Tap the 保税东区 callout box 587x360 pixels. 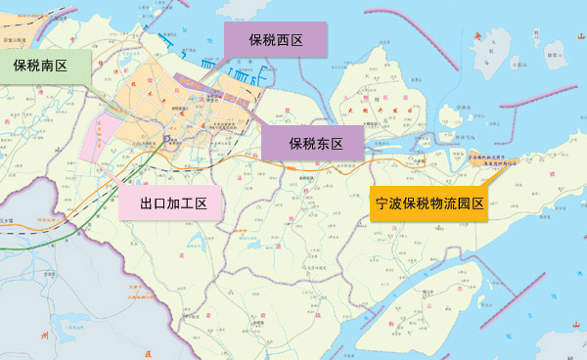[x=315, y=144]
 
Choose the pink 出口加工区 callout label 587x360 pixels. [x=173, y=203]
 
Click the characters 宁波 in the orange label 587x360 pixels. [x=391, y=204]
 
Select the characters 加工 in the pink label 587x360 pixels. [x=181, y=203]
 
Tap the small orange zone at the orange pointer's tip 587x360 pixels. [x=493, y=161]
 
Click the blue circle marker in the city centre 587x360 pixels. [x=167, y=139]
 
